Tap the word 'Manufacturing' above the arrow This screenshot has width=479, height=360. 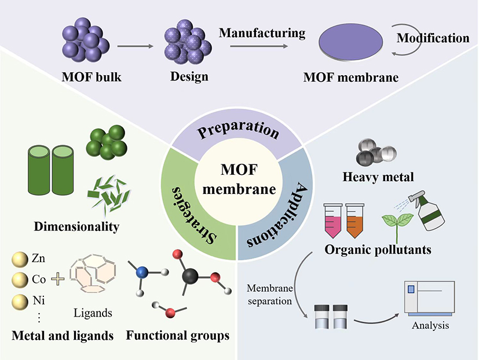pos(262,33)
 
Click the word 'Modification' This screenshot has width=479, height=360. pos(433,38)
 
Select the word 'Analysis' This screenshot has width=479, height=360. pos(430,326)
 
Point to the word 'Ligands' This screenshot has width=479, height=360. pos(93,313)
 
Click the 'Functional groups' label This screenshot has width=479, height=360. pos(178,336)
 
